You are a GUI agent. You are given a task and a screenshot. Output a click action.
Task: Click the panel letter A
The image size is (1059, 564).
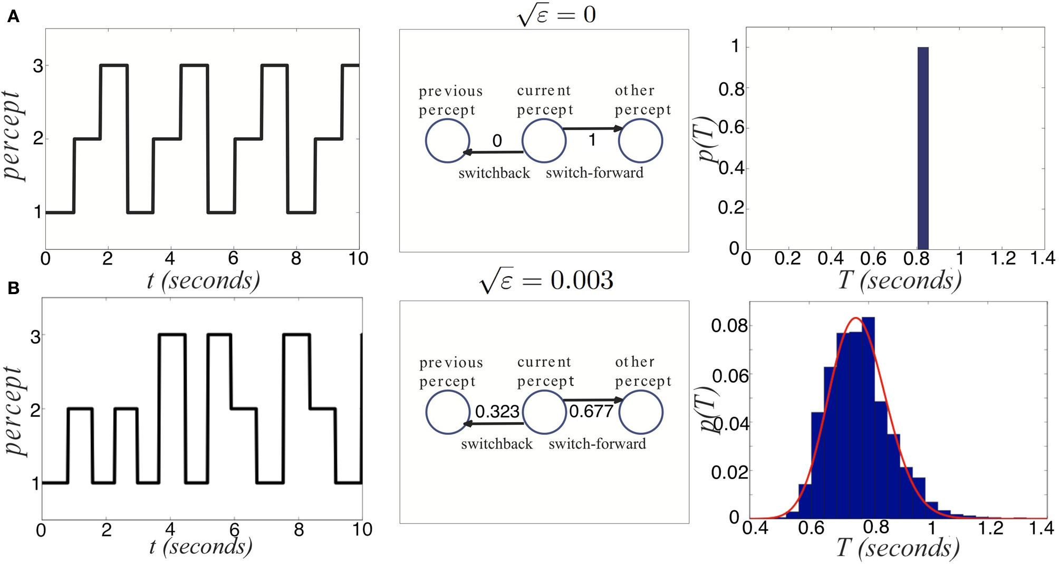click(13, 17)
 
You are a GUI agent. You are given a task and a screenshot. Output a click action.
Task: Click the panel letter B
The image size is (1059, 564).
click(13, 288)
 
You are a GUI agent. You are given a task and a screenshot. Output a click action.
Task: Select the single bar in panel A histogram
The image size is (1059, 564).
click(923, 148)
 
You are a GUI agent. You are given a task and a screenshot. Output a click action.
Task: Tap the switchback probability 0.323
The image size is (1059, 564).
click(497, 411)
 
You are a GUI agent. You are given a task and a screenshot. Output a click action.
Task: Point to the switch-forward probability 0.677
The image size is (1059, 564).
click(591, 411)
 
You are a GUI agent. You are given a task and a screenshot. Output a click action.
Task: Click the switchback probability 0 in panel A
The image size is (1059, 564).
click(497, 141)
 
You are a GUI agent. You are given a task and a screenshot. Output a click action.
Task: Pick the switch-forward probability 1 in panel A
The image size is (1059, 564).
click(592, 140)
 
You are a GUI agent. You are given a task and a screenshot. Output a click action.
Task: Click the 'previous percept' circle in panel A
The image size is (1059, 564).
click(447, 141)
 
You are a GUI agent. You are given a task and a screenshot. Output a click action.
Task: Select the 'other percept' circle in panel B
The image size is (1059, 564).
click(640, 412)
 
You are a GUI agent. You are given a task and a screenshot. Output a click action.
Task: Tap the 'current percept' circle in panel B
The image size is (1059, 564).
click(544, 412)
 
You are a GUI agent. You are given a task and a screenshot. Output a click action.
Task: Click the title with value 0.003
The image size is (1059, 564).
click(546, 280)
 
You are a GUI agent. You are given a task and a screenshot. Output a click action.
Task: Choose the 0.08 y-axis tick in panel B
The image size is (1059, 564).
click(729, 326)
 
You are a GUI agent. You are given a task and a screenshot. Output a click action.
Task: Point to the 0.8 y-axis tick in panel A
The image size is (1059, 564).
click(731, 89)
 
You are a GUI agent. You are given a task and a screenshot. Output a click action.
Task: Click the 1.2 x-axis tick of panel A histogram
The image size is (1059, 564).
click(1003, 258)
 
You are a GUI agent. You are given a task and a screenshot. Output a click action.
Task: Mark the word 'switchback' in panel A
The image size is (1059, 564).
click(494, 173)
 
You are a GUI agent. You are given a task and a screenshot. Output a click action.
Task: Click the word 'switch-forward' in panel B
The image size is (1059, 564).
click(597, 444)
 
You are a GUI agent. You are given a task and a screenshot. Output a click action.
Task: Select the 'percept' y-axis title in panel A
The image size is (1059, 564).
click(13, 135)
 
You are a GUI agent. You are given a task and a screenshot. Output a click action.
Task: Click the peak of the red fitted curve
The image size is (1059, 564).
click(855, 318)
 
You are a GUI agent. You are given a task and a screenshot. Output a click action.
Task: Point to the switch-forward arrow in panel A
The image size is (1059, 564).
click(592, 128)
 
